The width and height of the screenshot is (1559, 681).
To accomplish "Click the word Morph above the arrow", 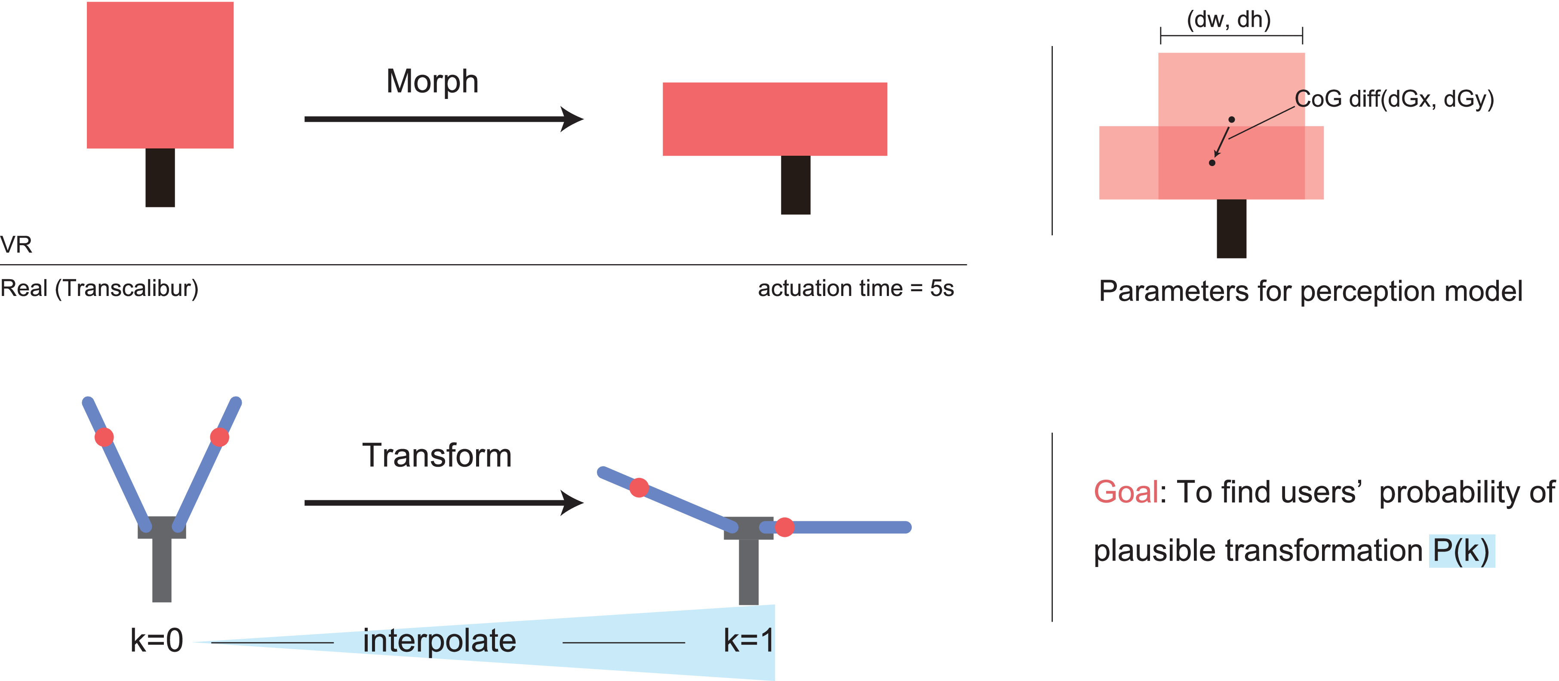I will point(432,82).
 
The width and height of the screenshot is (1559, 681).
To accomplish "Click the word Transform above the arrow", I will point(437,456).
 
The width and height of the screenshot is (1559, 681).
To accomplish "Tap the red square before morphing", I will point(160,75).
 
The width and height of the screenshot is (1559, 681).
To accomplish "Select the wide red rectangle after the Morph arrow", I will point(775,119).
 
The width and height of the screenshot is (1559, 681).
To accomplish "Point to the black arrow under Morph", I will point(443,119).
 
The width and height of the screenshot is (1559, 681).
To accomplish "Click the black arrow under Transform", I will point(443,502).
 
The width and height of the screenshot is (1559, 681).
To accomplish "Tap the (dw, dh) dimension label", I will point(1229,19).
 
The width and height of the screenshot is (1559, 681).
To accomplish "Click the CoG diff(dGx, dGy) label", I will point(1394,99).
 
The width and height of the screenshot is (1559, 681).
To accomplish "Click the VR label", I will point(16,244).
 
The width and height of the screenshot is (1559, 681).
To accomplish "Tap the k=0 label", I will point(156,641).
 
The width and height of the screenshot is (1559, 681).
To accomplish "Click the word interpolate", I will point(440,641).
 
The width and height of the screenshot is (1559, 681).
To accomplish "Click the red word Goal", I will point(1125,492).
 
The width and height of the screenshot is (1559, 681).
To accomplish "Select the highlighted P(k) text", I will point(1461,551).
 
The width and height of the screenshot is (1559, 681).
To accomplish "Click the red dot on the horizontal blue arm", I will point(784,527).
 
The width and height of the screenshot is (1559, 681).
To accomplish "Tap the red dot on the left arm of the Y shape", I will point(104,437).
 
